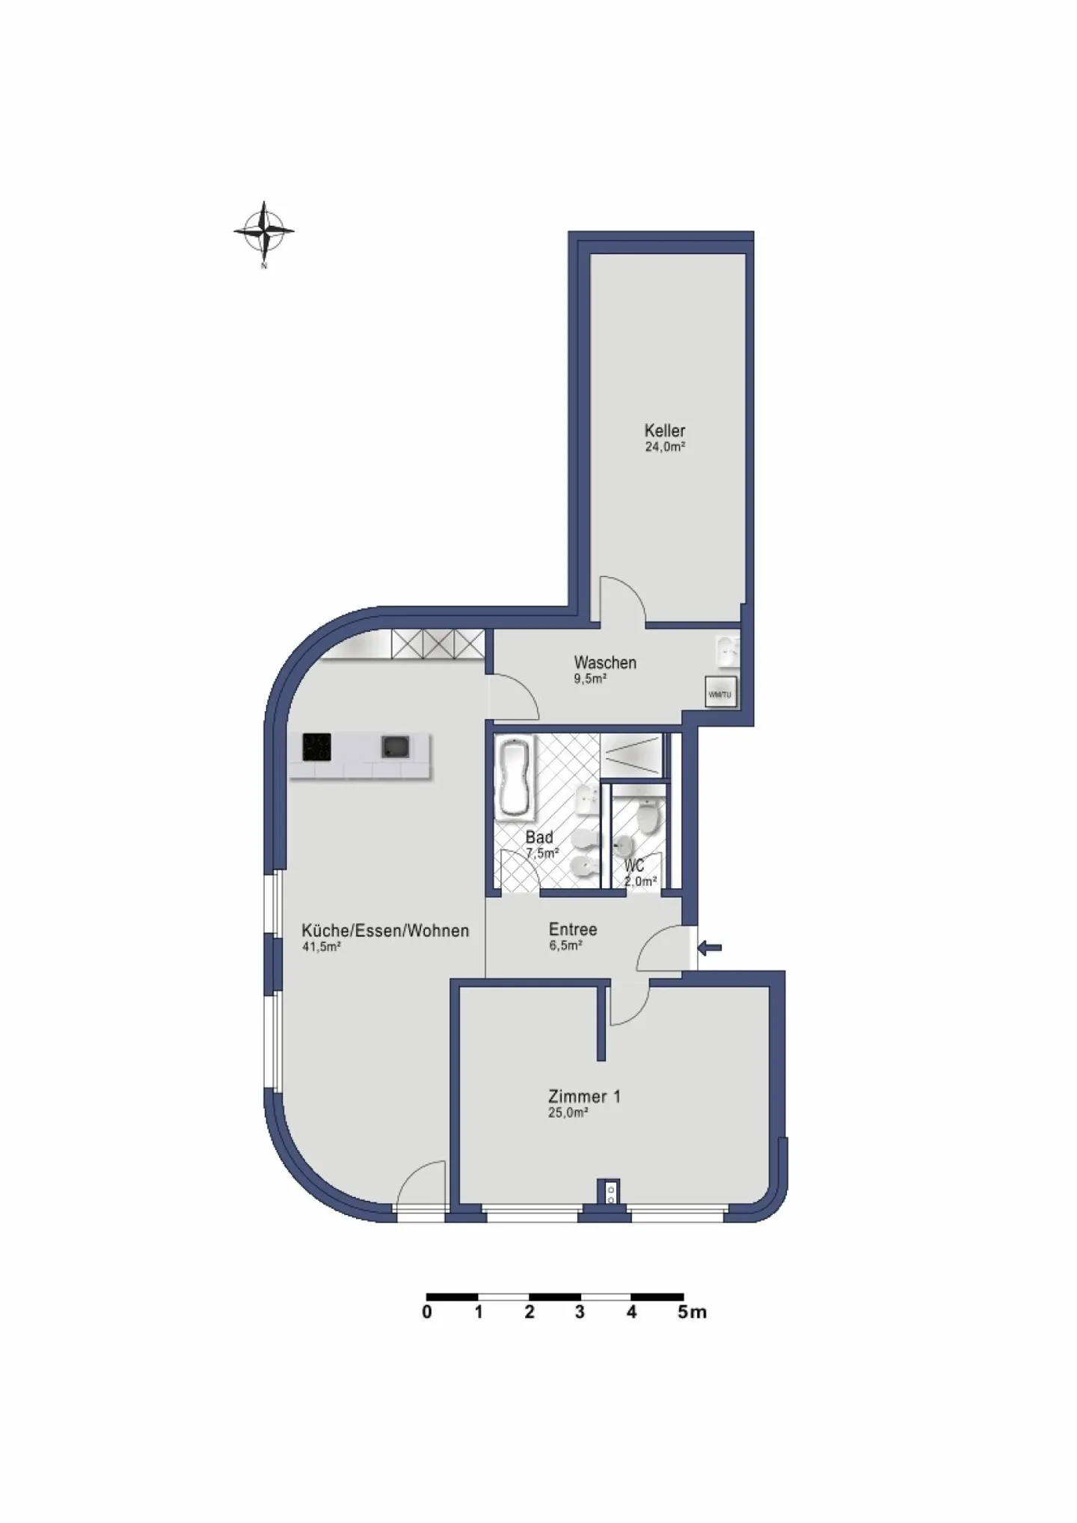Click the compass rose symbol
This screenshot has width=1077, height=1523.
pos(263,231)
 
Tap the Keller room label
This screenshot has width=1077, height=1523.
pos(664,431)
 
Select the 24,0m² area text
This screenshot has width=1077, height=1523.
pos(665,447)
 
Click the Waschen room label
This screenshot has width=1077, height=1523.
pos(605,662)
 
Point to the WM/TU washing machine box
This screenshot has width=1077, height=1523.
pos(720,693)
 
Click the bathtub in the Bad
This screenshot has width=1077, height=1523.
pos(515,777)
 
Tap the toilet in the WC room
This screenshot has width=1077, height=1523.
pos(648,816)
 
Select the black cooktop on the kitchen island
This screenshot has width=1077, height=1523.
pos(316,747)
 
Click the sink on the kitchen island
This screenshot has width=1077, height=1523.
pos(395,746)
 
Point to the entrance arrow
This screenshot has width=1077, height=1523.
pos(710,948)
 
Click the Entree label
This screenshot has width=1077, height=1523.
pos(573,929)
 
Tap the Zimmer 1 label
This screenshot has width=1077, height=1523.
pos(584,1097)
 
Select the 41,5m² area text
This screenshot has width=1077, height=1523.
pos(322,947)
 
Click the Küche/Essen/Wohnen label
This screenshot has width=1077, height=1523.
pos(385,931)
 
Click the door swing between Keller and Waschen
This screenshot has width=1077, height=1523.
pos(622,599)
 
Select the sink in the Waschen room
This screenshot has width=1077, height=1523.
pos(726,651)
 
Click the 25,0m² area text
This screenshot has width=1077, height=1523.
pos(568,1113)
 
